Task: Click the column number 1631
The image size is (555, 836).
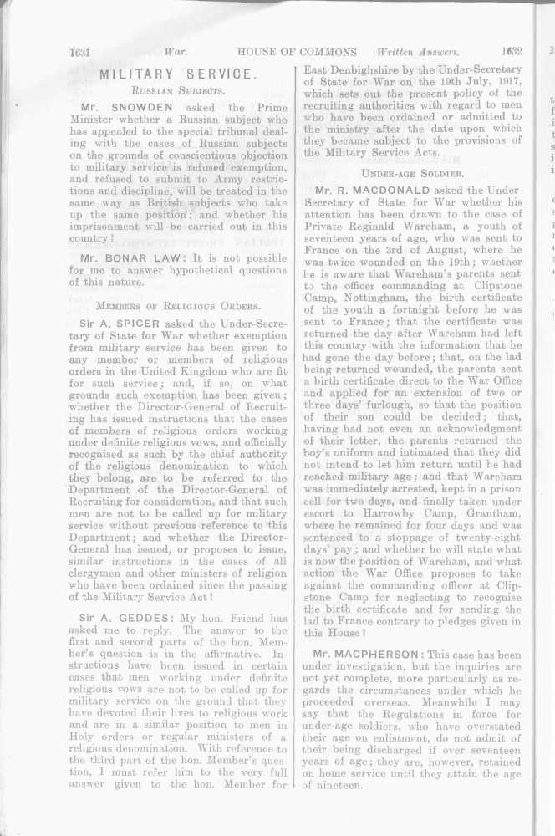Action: pos(84,50)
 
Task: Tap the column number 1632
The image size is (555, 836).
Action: pos(507,50)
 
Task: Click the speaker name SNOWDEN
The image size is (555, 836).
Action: pos(155,109)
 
